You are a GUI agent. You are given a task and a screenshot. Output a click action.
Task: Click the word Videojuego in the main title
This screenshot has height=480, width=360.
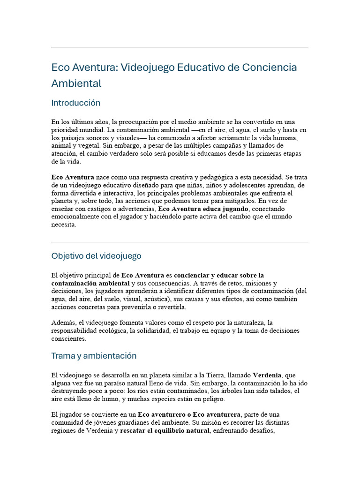(147, 67)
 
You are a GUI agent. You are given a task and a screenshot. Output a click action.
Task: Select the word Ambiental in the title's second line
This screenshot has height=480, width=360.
(76, 84)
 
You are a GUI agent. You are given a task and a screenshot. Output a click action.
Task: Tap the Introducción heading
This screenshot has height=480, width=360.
(75, 103)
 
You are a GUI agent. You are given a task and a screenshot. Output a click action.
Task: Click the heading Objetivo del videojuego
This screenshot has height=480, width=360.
(96, 256)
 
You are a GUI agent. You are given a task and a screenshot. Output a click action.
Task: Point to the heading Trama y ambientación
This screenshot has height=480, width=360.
(94, 356)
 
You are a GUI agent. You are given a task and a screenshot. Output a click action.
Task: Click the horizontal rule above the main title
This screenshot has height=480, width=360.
(180, 47)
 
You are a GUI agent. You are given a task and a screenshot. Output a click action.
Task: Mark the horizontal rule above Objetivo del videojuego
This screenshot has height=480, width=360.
(180, 243)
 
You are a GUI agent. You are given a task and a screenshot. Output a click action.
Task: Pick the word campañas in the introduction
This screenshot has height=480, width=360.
(258, 146)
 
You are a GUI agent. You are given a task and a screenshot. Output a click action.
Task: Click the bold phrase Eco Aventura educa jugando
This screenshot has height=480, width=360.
(205, 209)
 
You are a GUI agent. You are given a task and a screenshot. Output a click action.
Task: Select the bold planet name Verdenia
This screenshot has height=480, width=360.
(267, 375)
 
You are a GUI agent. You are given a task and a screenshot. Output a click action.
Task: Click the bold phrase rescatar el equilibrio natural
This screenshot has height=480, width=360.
(165, 431)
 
